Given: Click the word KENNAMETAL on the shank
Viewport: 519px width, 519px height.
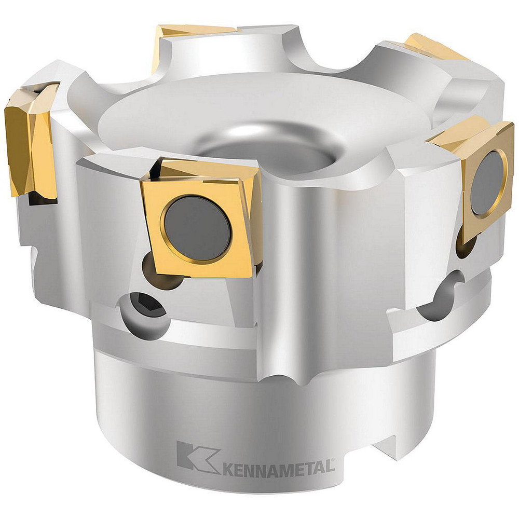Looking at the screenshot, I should click(x=278, y=467).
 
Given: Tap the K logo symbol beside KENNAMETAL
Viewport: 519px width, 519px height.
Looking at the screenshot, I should click(x=197, y=457).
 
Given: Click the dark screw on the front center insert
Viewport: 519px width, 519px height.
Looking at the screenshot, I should click(x=197, y=228).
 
